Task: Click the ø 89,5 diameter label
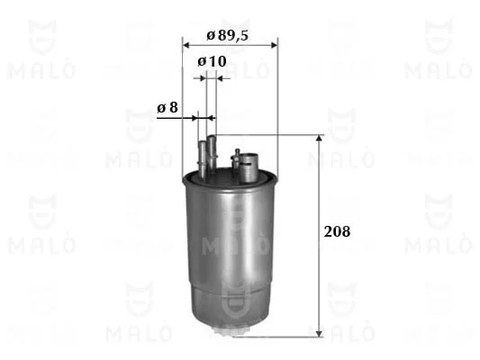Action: pyautogui.click(x=228, y=36)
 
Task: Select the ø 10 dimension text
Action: pyautogui.click(x=212, y=61)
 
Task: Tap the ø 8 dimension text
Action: pyautogui.click(x=168, y=108)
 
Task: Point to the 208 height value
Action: pyautogui.click(x=337, y=231)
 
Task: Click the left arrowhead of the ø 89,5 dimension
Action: pyautogui.click(x=186, y=46)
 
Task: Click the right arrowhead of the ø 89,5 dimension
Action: pyautogui.click(x=275, y=46)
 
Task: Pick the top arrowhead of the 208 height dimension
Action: pyautogui.click(x=320, y=139)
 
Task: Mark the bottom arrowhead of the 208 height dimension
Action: pyautogui.click(x=320, y=334)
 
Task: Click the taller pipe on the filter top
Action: pyautogui.click(x=212, y=153)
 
